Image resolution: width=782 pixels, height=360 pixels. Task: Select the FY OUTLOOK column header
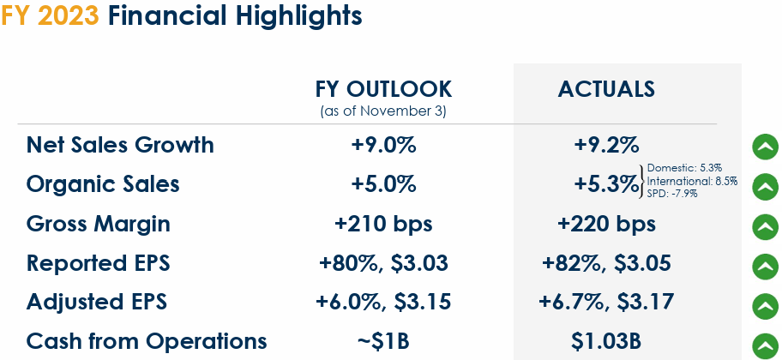[383, 89]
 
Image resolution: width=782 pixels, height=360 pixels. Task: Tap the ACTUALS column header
[606, 89]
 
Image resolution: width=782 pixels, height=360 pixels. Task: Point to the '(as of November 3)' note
[383, 111]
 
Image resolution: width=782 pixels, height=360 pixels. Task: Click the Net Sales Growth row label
[120, 145]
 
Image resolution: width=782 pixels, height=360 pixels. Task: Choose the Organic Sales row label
[103, 184]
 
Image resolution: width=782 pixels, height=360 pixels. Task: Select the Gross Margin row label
[99, 225]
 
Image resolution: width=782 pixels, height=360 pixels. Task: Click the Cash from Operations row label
[147, 341]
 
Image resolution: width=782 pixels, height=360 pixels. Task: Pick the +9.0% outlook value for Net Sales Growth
[383, 145]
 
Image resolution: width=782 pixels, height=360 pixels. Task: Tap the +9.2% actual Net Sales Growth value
[606, 145]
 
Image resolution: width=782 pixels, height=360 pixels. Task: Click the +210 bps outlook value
[383, 225]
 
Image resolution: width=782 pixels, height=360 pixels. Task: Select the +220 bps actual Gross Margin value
[606, 225]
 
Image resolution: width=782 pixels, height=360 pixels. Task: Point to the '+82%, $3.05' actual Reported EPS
[606, 263]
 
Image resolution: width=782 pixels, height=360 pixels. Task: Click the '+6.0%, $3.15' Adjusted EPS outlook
[383, 302]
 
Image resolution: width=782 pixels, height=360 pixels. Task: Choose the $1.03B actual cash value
[606, 341]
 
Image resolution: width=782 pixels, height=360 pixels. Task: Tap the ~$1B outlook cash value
[383, 341]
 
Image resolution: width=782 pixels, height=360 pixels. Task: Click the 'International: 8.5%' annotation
[692, 181]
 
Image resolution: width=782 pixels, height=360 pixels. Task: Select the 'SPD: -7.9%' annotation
[672, 194]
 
